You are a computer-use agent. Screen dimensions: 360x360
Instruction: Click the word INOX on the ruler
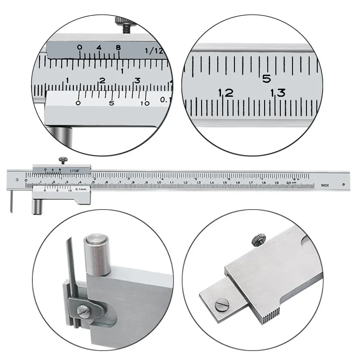[x=324, y=184]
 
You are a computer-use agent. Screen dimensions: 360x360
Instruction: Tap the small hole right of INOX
[x=343, y=184]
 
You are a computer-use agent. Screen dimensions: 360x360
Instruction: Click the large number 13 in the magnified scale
[x=278, y=93]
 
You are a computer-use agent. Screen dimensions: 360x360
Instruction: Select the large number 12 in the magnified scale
[x=225, y=93]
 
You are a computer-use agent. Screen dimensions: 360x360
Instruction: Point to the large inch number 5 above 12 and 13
[x=266, y=78]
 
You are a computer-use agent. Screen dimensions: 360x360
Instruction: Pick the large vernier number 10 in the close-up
[x=145, y=103]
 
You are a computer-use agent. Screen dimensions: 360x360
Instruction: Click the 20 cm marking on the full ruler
[x=293, y=183]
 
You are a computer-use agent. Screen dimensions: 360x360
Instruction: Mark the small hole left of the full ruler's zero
[x=17, y=180]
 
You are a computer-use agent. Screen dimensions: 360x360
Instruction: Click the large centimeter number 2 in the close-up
[x=102, y=81]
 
